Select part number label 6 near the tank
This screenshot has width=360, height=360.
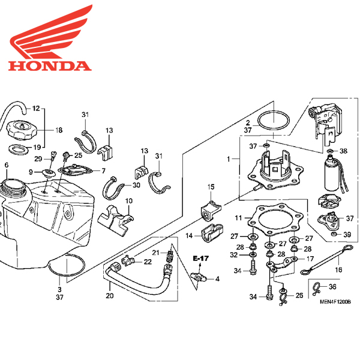click(x=6, y=165)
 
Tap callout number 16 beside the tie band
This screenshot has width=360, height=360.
click(x=339, y=271)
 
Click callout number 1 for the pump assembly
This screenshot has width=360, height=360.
click(x=228, y=160)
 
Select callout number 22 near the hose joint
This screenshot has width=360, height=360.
click(x=147, y=261)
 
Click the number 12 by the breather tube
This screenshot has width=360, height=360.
click(x=37, y=109)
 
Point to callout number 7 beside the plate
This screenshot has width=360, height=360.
click(x=103, y=171)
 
